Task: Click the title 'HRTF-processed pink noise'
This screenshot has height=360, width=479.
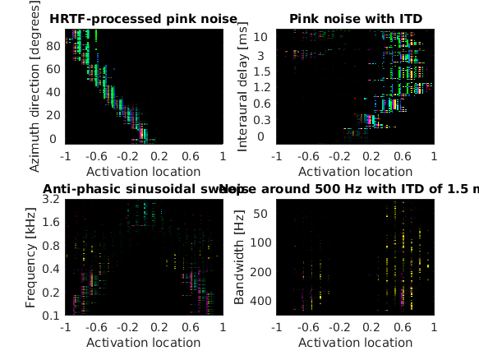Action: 144,19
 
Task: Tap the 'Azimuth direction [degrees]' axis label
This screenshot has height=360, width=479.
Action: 33,86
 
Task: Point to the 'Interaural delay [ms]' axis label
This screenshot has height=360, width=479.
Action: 242,86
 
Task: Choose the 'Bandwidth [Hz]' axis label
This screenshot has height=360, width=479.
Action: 239,256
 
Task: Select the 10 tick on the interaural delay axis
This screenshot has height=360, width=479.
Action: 260,37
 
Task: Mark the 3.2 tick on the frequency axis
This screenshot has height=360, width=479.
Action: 51,200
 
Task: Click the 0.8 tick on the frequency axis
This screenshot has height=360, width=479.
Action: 51,246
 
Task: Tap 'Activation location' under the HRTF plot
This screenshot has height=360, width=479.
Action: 144,172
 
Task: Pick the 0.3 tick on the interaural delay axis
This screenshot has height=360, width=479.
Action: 260,120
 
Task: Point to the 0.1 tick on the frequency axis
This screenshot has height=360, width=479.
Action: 51,316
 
